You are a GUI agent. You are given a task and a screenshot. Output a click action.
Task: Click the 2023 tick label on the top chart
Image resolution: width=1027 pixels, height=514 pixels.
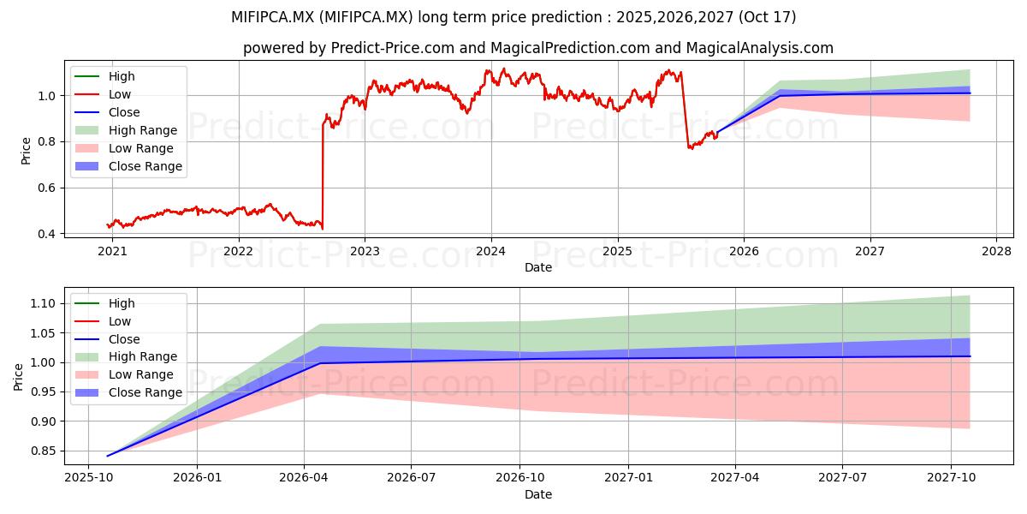[365, 252]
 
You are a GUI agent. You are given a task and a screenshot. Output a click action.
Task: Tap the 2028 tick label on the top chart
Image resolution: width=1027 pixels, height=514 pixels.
[996, 252]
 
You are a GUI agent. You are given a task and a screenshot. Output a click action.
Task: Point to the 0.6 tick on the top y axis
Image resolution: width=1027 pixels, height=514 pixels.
[47, 188]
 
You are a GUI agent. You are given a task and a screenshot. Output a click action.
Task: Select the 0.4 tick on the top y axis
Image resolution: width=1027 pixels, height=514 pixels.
[47, 234]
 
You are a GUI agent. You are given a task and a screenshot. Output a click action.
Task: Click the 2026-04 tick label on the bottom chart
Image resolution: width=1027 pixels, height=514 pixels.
[304, 478]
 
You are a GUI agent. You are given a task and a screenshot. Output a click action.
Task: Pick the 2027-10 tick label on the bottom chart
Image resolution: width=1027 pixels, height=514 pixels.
[952, 478]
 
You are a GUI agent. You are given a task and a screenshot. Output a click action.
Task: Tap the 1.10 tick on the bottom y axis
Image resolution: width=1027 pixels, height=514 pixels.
[43, 304]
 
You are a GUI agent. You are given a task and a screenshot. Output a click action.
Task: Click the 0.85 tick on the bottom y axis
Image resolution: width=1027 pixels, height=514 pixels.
[43, 451]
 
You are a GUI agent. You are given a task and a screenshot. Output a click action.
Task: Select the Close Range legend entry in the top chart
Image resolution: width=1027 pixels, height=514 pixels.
[128, 166]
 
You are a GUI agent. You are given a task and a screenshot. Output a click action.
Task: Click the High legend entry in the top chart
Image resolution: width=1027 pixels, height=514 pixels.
[104, 76]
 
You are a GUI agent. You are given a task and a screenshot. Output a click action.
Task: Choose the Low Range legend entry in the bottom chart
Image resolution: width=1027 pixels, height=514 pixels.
[124, 374]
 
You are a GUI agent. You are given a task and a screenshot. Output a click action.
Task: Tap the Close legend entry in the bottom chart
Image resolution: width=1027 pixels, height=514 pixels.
[107, 339]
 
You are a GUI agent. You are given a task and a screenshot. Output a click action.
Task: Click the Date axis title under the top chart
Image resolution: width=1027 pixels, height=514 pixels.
[538, 267]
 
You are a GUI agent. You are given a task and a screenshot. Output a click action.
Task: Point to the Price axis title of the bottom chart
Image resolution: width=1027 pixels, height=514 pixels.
[18, 377]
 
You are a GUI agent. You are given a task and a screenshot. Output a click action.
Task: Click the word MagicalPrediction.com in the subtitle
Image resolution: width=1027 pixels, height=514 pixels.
[570, 48]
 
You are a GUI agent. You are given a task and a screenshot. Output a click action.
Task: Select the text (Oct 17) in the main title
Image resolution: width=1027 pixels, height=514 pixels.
[767, 17]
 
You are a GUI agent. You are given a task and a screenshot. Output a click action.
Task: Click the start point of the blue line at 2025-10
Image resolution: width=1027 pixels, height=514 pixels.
[107, 456]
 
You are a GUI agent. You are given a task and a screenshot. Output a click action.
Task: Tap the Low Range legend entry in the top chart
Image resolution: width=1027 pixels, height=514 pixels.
[124, 148]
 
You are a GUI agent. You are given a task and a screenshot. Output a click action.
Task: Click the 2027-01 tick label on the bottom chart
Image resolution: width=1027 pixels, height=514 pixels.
[628, 478]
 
